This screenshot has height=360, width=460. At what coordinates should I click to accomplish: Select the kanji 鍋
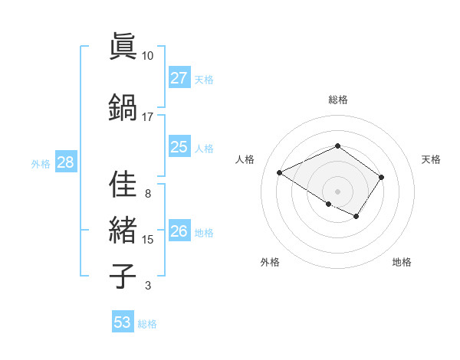pos(123,106)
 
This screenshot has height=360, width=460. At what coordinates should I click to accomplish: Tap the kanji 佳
pos(123,185)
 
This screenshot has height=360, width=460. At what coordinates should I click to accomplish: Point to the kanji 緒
pos(123,230)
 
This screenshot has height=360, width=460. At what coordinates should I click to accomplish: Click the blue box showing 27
pos(179,78)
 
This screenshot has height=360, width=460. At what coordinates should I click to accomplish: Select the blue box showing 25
pos(179,147)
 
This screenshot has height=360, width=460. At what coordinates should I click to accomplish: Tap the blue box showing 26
pos(179,231)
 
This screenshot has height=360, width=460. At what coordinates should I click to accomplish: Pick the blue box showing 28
pos(65,162)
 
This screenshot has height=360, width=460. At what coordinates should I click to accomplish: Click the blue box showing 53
pos(123,322)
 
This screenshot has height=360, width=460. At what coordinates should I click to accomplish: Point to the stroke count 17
pos(147,116)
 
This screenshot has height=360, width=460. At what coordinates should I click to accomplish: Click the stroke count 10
pos(147,55)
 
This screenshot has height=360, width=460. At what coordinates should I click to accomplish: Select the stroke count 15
pos(147,239)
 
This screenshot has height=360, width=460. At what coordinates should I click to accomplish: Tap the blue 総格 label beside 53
pos(147,324)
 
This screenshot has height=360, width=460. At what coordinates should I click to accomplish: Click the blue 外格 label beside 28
pos(41,163)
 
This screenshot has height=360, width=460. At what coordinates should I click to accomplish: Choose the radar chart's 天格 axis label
pos(431,159)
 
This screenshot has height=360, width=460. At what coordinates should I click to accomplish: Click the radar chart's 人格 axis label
pos(245,159)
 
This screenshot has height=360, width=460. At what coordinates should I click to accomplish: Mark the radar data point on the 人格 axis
pos(280,173)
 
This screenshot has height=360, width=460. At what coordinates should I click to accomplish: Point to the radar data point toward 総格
pos(337,146)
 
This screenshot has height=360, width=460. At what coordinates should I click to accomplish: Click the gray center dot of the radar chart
pos(337,191)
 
